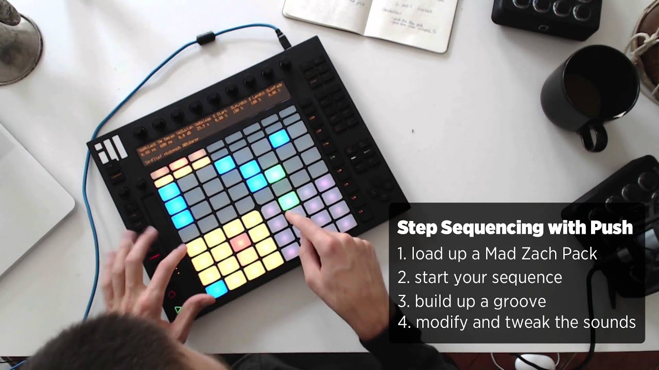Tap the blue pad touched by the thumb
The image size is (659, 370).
216,288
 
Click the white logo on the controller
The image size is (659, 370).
111,149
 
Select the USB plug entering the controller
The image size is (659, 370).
283,40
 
